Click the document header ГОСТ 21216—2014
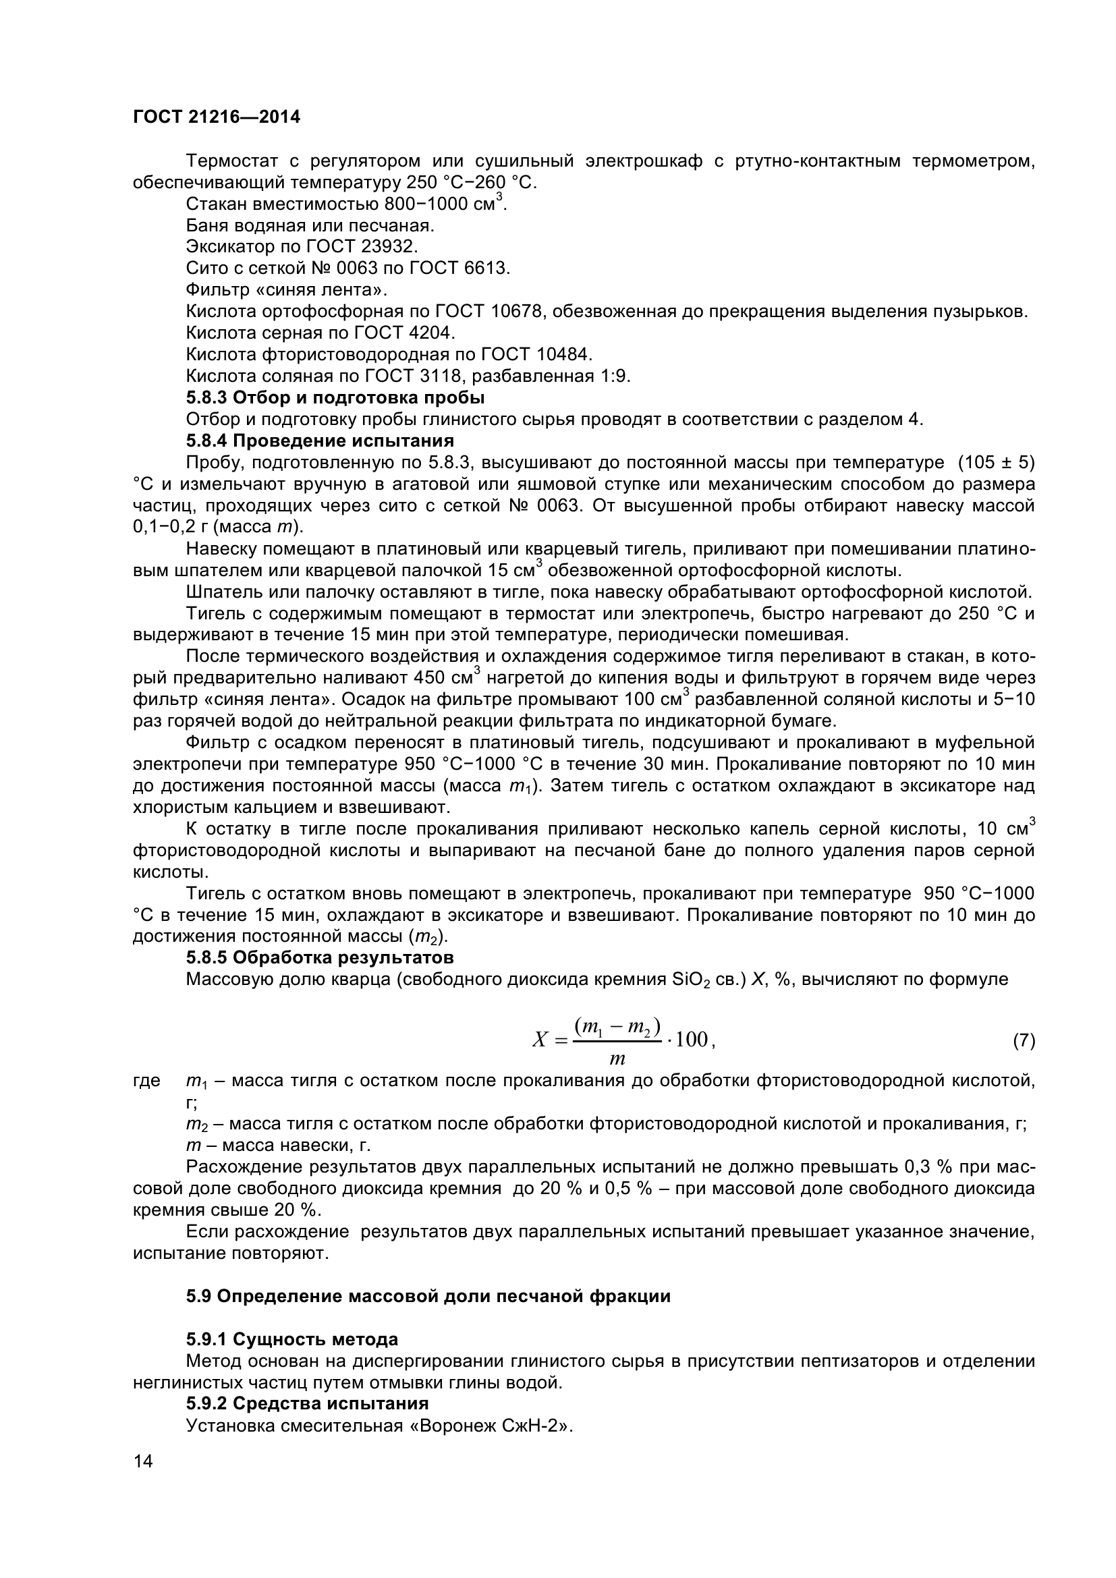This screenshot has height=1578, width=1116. (217, 117)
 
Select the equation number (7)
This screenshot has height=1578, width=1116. (1024, 1040)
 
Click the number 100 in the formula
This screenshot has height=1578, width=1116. (692, 1039)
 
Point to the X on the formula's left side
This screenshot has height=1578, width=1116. (540, 1040)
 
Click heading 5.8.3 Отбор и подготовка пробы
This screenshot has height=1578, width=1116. (335, 398)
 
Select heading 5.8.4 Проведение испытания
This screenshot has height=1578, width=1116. (320, 441)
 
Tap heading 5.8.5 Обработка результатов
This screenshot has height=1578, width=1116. (320, 957)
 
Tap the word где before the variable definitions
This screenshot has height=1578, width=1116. (146, 1080)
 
